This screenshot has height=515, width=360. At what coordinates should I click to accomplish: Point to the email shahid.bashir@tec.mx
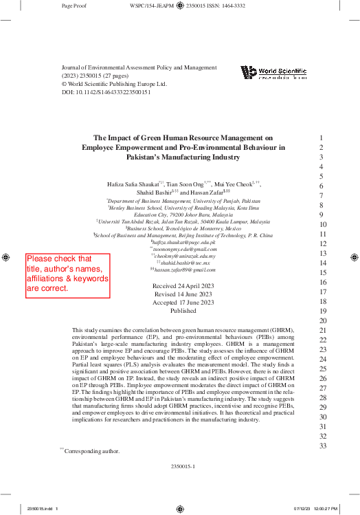coord(183,262)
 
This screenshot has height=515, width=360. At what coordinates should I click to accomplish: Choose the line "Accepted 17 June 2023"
coord(183,302)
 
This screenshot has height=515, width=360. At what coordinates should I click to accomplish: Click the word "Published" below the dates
coord(183,311)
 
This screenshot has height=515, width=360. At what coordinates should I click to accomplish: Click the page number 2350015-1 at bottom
coord(183,466)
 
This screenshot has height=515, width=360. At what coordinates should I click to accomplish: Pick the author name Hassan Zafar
coord(206,195)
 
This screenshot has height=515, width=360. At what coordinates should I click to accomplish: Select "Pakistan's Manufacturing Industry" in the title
coord(183,157)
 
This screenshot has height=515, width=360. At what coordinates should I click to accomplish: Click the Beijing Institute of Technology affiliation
coord(183,235)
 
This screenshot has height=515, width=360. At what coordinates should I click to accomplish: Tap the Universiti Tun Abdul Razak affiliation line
coord(183,222)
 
